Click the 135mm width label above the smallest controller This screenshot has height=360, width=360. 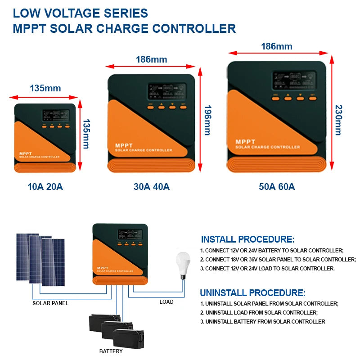tap(45, 88)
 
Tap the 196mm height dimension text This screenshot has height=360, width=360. tap(207, 120)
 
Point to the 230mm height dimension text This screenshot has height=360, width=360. tap(338, 120)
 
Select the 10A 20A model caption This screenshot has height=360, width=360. tap(45, 186)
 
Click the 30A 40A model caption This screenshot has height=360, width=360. tap(151, 186)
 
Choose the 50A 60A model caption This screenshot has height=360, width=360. tap(277, 186)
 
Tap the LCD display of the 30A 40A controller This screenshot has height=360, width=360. tap(166, 92)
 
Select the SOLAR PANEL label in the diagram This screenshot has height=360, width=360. tap(50, 303)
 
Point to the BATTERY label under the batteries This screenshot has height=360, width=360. tap(111, 351)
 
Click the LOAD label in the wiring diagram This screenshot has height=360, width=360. tap(166, 302)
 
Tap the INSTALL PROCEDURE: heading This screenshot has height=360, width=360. tap(247, 239)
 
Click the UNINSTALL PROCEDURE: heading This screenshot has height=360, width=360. tap(252, 292)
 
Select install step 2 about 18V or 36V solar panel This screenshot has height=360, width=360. tap(278, 260)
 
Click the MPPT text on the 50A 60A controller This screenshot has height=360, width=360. tap(245, 142)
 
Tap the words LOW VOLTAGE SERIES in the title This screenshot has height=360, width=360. tap(81, 13)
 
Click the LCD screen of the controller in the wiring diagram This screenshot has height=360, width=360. tap(130, 234)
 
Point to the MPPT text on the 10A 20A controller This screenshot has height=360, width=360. tap(25, 153)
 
